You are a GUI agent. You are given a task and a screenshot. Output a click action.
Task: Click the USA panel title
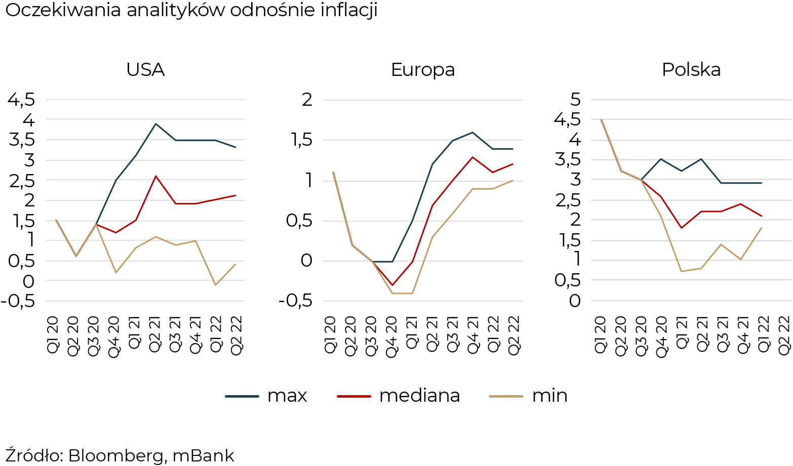click(x=145, y=70)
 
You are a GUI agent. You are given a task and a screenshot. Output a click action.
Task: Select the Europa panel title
click(x=422, y=70)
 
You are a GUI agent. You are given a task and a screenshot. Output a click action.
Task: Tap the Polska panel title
click(x=691, y=70)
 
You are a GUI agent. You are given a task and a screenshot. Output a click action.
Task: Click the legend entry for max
click(x=287, y=396)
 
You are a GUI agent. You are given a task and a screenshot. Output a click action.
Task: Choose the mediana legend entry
click(x=419, y=396)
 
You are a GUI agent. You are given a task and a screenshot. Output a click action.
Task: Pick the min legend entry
click(x=549, y=396)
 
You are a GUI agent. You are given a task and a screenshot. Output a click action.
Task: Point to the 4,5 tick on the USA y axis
click(x=21, y=100)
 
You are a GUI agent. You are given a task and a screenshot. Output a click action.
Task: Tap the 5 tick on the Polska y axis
click(x=574, y=100)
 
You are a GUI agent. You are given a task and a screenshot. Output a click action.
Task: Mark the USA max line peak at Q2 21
click(x=155, y=123)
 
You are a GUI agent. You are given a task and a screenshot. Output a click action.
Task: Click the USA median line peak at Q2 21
click(x=155, y=176)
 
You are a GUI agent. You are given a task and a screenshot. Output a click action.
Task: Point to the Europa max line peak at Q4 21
click(x=472, y=132)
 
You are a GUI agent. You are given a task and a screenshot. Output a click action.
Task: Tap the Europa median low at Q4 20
click(x=392, y=285)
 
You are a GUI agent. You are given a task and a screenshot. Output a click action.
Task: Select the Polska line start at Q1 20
click(x=601, y=120)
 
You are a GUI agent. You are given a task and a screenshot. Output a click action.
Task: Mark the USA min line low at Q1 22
click(x=215, y=285)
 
